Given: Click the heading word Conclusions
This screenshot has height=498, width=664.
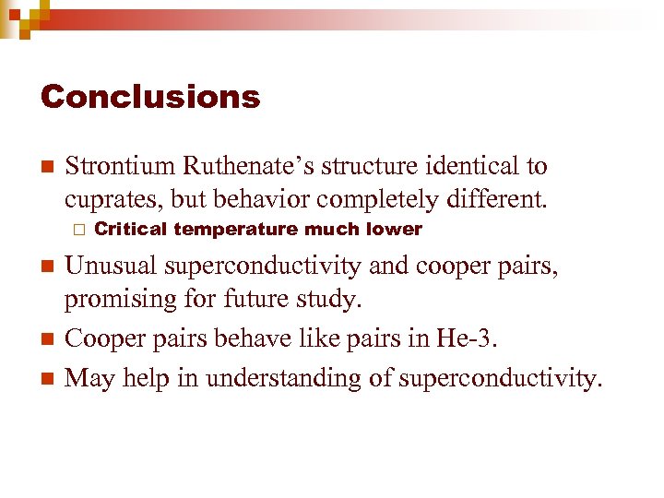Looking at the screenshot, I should (x=150, y=97).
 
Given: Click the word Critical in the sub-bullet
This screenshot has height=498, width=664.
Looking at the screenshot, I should (x=130, y=229).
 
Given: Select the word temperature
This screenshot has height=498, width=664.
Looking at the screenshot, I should (x=237, y=229).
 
